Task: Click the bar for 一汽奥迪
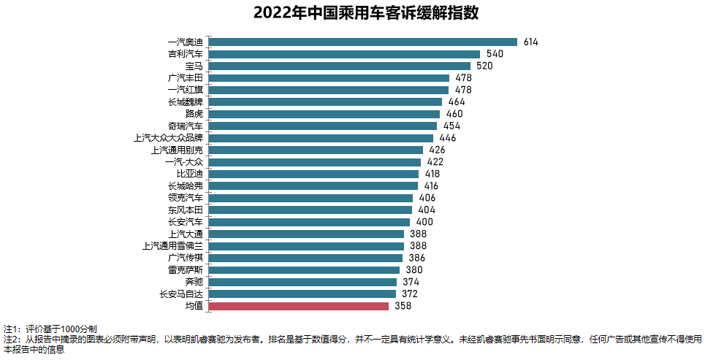pos(362,42)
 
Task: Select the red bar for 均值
pos(298,306)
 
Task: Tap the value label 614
pos(530,42)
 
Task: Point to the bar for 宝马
pos(339,66)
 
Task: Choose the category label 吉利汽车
pos(186,54)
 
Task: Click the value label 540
pos(495,54)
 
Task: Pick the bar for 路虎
pos(324,114)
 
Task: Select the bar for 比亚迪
pos(313,174)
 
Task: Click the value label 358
pos(403,306)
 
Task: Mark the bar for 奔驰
pos(302,282)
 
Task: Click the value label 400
pos(424,222)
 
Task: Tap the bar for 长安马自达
pos(302,294)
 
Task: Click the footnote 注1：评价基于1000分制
pos(50,329)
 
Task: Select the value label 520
pos(484,66)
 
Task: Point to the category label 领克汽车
pos(186,198)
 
